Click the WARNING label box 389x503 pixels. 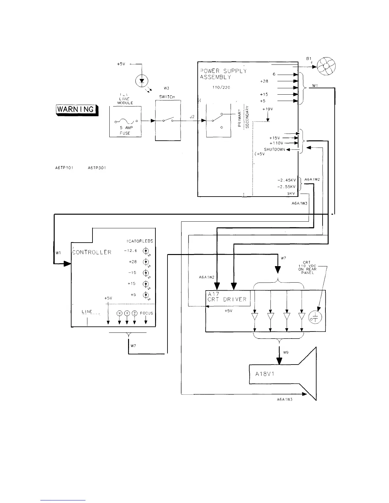click(x=77, y=110)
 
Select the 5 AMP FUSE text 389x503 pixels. click(x=125, y=131)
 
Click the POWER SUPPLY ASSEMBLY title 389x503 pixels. click(x=223, y=74)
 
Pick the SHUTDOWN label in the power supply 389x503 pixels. click(x=274, y=149)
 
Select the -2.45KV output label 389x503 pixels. click(x=286, y=180)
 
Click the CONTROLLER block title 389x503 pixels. click(x=92, y=252)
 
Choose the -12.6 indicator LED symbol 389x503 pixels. click(x=146, y=251)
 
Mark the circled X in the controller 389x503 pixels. click(x=119, y=313)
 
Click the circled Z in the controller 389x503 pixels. click(x=135, y=313)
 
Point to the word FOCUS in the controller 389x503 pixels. click(x=146, y=313)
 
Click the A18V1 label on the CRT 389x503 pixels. click(x=265, y=374)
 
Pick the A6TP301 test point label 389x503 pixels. click(x=96, y=168)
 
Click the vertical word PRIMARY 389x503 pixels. click(x=240, y=117)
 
